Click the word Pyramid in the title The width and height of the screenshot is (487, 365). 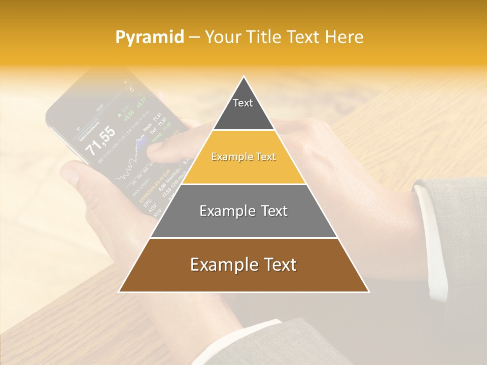(x=150, y=37)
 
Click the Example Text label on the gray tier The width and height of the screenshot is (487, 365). (x=243, y=211)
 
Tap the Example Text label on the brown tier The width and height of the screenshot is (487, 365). (x=243, y=265)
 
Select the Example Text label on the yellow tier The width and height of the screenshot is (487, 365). (x=243, y=157)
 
